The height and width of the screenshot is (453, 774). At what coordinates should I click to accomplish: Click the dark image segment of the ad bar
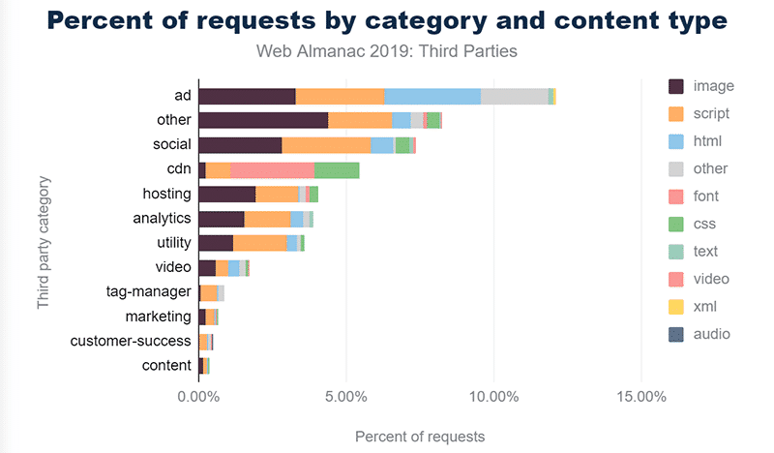pos(247,96)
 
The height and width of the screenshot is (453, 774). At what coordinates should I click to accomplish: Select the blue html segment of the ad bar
pos(432,96)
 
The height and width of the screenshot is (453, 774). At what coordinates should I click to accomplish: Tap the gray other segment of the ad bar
pos(514,96)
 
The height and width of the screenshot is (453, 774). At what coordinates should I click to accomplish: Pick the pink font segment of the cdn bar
pos(273,169)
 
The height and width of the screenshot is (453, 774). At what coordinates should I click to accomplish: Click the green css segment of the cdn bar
pos(337,169)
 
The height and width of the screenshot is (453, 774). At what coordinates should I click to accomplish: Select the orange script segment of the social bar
pos(326,145)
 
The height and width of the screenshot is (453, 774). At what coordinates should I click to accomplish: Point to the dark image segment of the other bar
pos(263,120)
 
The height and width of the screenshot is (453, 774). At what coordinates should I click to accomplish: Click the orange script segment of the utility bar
pos(259,243)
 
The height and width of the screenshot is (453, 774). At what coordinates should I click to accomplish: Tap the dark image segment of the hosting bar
pos(226,194)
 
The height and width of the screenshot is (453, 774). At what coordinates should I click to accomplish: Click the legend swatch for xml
pos(677,307)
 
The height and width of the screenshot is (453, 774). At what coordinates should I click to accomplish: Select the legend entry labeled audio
pos(711,334)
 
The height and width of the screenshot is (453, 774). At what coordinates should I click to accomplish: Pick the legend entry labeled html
pos(709,141)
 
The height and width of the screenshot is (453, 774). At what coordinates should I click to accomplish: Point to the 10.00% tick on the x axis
pos(493,397)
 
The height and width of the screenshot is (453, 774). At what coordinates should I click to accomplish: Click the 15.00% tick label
pos(640,397)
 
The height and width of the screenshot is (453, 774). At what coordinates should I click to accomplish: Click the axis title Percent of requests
pos(420,436)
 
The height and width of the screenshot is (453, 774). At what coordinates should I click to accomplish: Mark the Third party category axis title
pos(44,242)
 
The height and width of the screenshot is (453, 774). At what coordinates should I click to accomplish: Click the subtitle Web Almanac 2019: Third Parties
pos(386,50)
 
